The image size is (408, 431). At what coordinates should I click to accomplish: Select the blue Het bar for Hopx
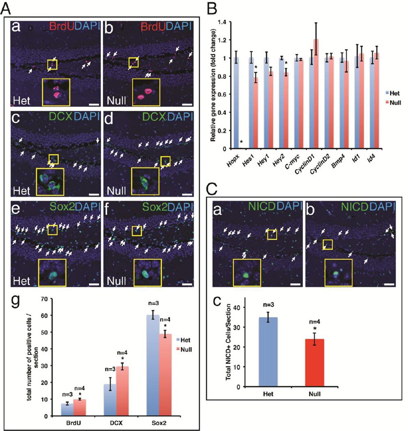click(x=236, y=103)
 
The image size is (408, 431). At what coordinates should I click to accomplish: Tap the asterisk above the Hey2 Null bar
click(x=286, y=63)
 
